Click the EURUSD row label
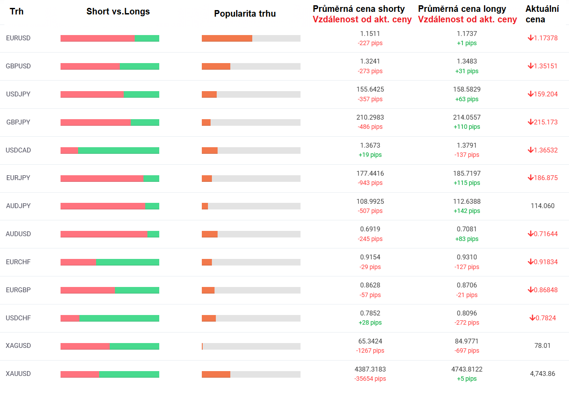(18, 38)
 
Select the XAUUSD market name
(18, 374)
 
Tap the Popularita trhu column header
(245, 14)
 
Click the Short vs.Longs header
(118, 11)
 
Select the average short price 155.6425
(370, 89)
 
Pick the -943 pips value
(370, 183)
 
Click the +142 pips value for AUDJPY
(467, 211)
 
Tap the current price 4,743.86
(542, 374)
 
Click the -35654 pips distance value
(370, 379)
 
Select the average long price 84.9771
(467, 341)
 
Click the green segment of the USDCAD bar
(118, 150)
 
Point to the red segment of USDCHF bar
(70, 318)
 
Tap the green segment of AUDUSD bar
(153, 234)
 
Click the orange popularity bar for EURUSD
(227, 38)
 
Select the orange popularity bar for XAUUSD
(216, 374)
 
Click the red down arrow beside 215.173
(530, 122)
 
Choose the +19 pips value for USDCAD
(370, 155)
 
